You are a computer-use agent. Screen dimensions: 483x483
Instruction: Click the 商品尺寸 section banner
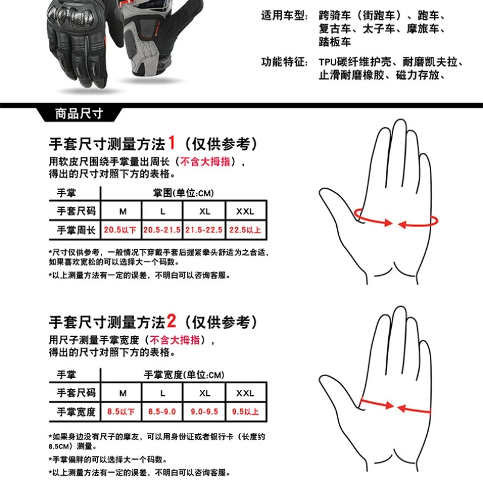(79, 114)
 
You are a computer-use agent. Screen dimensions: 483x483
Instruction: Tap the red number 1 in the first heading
(171, 143)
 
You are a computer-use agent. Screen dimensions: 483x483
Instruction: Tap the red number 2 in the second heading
(171, 321)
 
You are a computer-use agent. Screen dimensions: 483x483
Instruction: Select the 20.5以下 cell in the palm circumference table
(120, 230)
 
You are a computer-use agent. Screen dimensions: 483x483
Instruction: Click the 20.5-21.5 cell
(162, 230)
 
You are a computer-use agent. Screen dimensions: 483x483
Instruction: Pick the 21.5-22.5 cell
(204, 230)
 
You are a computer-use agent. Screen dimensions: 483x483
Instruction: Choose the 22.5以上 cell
(245, 230)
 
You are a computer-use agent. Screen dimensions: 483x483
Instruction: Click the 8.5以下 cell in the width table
(121, 412)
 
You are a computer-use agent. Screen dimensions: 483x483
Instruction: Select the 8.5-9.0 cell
(162, 412)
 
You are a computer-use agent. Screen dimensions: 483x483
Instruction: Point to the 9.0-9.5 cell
(204, 412)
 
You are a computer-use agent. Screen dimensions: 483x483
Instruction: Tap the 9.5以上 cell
(245, 412)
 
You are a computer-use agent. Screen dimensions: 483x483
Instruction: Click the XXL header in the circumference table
(245, 211)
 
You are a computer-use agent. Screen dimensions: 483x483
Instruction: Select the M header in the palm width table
(123, 393)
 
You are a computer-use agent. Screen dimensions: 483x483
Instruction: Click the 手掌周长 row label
(76, 230)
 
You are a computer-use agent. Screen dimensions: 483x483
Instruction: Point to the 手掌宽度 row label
(76, 412)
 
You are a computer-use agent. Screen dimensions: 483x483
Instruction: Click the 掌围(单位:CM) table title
(184, 193)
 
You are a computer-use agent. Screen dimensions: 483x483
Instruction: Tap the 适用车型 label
(284, 16)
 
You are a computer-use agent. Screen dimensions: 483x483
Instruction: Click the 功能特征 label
(284, 62)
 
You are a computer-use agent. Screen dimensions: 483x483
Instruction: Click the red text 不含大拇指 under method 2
(174, 340)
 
